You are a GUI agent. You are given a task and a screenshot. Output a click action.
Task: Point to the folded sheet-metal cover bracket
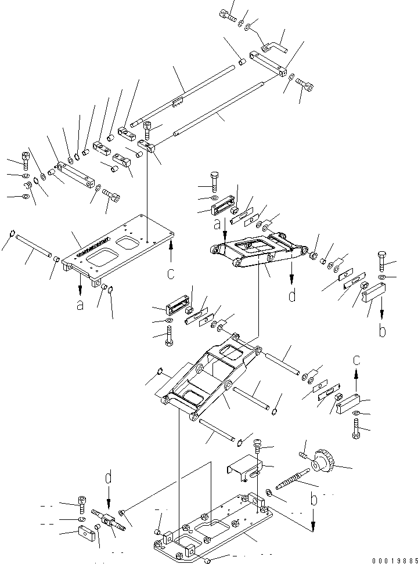click(244, 468)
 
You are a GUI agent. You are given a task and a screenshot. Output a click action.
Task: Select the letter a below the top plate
click(80, 304)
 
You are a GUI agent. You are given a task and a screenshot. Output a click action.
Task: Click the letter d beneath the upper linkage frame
click(291, 296)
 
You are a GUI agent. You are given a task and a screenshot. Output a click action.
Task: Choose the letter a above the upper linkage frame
click(216, 223)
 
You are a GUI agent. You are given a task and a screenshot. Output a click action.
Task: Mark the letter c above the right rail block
click(356, 360)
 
